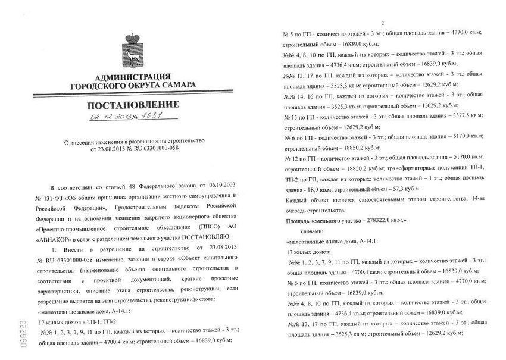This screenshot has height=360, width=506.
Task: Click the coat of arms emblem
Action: coord(132,51)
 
